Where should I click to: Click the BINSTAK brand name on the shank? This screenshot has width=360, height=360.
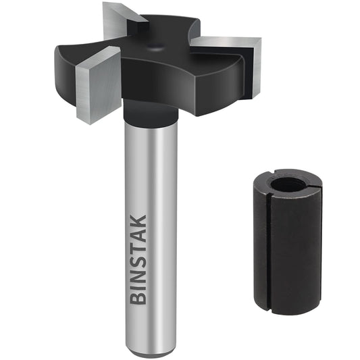138,257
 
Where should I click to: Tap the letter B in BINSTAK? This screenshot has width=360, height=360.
138,296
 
